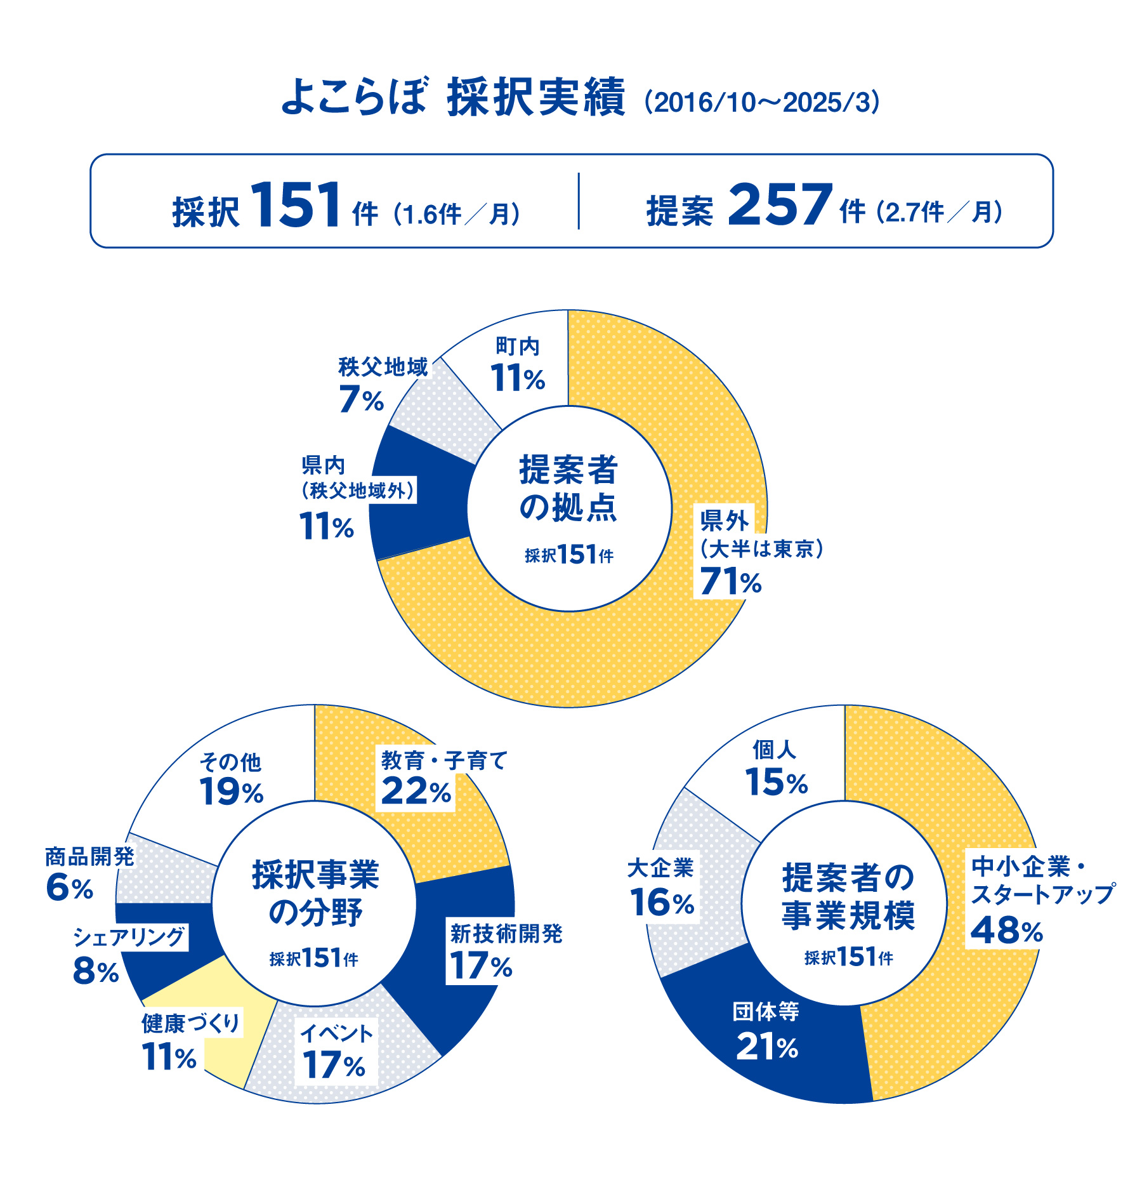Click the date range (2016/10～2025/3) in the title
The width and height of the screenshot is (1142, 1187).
point(762,102)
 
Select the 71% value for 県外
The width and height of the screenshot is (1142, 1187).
point(730,581)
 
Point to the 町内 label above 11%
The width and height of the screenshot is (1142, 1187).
point(518,347)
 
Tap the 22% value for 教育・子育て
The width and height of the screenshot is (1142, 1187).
point(416,792)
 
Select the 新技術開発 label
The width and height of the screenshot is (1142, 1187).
point(506,934)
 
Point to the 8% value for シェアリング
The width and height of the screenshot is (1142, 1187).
point(96,971)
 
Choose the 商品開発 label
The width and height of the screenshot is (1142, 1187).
point(89,857)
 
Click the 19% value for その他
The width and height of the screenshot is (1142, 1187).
point(231,792)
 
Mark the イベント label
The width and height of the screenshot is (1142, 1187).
point(336,1033)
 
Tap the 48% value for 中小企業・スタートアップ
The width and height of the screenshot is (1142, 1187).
point(1006,931)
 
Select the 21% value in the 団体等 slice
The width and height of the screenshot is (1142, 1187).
point(766,1047)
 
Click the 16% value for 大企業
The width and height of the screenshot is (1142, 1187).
point(662,902)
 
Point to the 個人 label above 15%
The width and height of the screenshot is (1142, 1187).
point(774,750)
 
